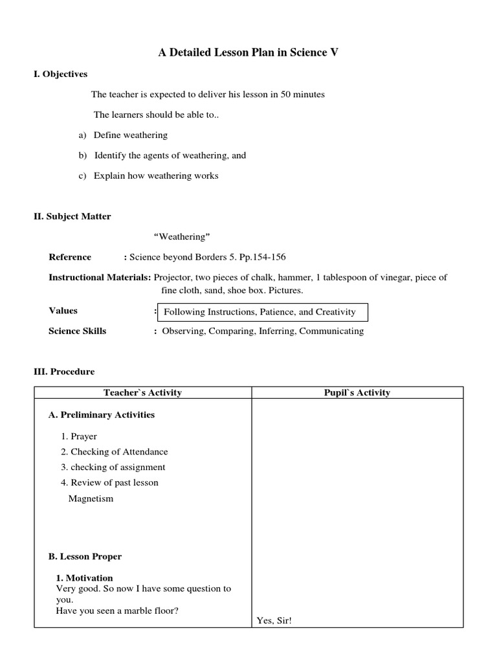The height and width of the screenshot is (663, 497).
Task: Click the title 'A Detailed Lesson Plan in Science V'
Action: pyautogui.click(x=248, y=53)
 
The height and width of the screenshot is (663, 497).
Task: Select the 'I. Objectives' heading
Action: pyautogui.click(x=60, y=74)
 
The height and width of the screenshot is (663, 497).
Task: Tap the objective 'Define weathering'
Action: pyautogui.click(x=130, y=135)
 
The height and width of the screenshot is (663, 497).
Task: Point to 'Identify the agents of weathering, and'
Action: pyautogui.click(x=170, y=155)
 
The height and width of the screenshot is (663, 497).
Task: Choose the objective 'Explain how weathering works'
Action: pyautogui.click(x=156, y=175)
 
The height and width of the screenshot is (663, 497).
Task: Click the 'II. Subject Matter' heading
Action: pyautogui.click(x=72, y=216)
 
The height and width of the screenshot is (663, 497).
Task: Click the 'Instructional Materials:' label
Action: pyautogui.click(x=100, y=277)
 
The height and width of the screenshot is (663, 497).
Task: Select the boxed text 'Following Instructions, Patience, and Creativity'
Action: pyautogui.click(x=260, y=312)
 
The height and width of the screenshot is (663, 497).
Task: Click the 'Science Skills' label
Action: pyautogui.click(x=77, y=331)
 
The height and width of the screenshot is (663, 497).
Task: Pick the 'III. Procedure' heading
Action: pyautogui.click(x=63, y=372)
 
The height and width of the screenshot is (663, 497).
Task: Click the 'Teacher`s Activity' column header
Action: pyautogui.click(x=142, y=392)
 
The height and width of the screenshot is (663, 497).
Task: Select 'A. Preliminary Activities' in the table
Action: pyautogui.click(x=102, y=414)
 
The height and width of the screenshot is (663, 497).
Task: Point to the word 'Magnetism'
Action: pyautogui.click(x=91, y=499)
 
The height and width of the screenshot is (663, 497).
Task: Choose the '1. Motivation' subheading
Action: pyautogui.click(x=84, y=578)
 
